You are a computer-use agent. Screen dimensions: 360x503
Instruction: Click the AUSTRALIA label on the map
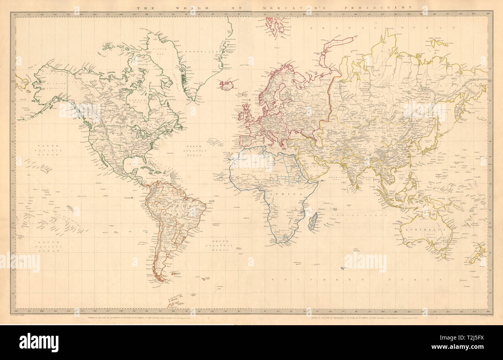[x=426, y=229]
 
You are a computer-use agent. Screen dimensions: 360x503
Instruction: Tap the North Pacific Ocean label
[x=46, y=150]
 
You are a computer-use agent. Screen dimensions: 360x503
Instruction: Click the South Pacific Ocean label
[x=46, y=246]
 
